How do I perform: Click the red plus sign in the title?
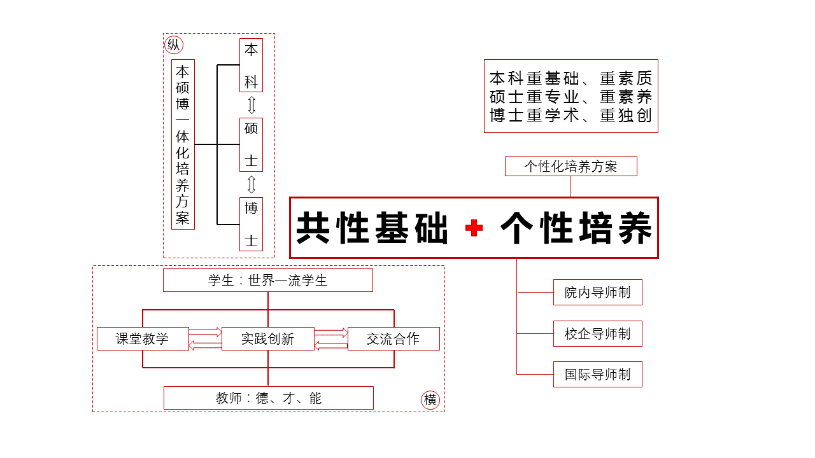(x=474, y=228)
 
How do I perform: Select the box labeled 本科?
(x=251, y=66)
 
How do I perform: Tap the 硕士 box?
(x=251, y=144)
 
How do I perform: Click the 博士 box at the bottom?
(x=251, y=224)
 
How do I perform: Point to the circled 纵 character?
(x=173, y=45)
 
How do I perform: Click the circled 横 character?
(x=430, y=400)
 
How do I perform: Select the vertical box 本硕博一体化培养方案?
(x=183, y=144)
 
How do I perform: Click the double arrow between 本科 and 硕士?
(x=252, y=105)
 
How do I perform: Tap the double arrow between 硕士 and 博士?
(x=252, y=184)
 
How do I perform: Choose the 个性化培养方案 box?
(x=570, y=167)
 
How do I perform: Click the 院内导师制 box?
(x=597, y=293)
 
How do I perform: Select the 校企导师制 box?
(x=597, y=333)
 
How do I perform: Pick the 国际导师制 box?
(x=597, y=374)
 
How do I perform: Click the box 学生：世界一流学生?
(x=267, y=280)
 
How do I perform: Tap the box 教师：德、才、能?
(x=268, y=398)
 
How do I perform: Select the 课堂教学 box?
(x=143, y=338)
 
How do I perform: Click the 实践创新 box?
(x=267, y=338)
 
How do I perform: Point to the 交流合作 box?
(x=393, y=338)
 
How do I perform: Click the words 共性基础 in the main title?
(x=372, y=228)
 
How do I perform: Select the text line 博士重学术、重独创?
(x=570, y=116)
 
